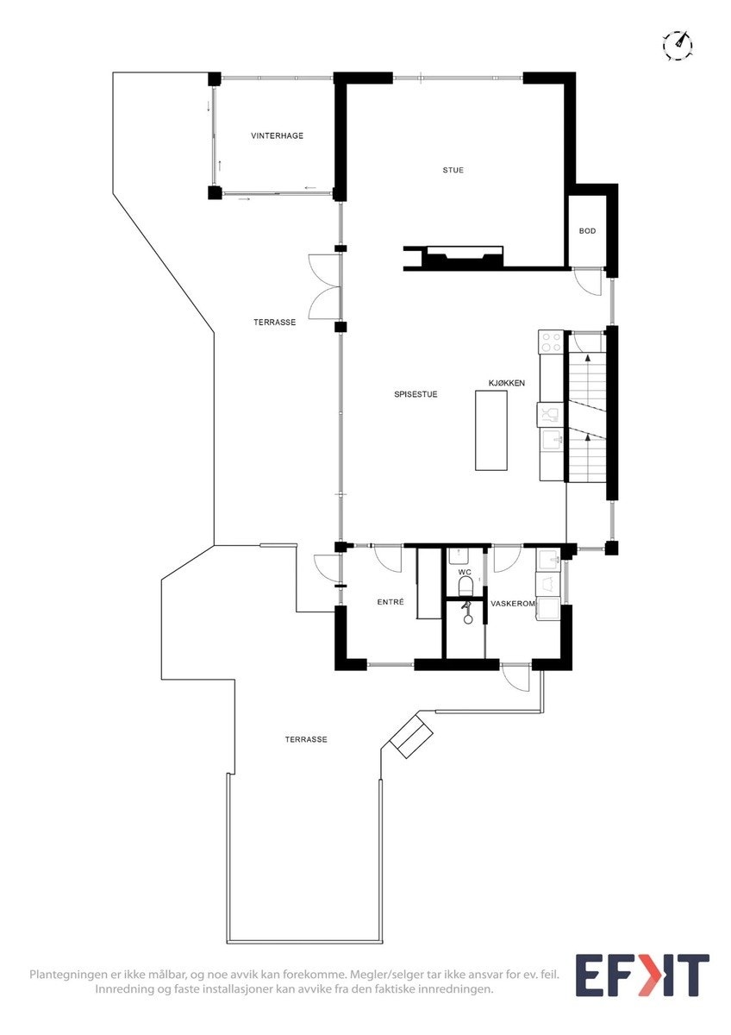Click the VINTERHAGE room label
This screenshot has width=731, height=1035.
tap(277, 136)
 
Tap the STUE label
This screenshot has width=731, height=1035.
tap(453, 170)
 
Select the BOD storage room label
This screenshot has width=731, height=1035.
tap(587, 231)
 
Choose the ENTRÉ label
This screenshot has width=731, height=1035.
tap(390, 602)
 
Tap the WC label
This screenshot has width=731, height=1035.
tap(465, 572)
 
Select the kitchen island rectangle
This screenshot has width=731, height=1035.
tap(491, 430)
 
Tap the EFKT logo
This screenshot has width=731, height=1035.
tap(642, 975)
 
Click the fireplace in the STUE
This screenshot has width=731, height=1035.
tap(457, 256)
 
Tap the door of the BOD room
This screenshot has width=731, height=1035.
tap(588, 282)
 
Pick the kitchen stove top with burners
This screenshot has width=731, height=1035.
tap(551, 342)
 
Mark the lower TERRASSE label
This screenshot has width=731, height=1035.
tap(306, 740)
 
